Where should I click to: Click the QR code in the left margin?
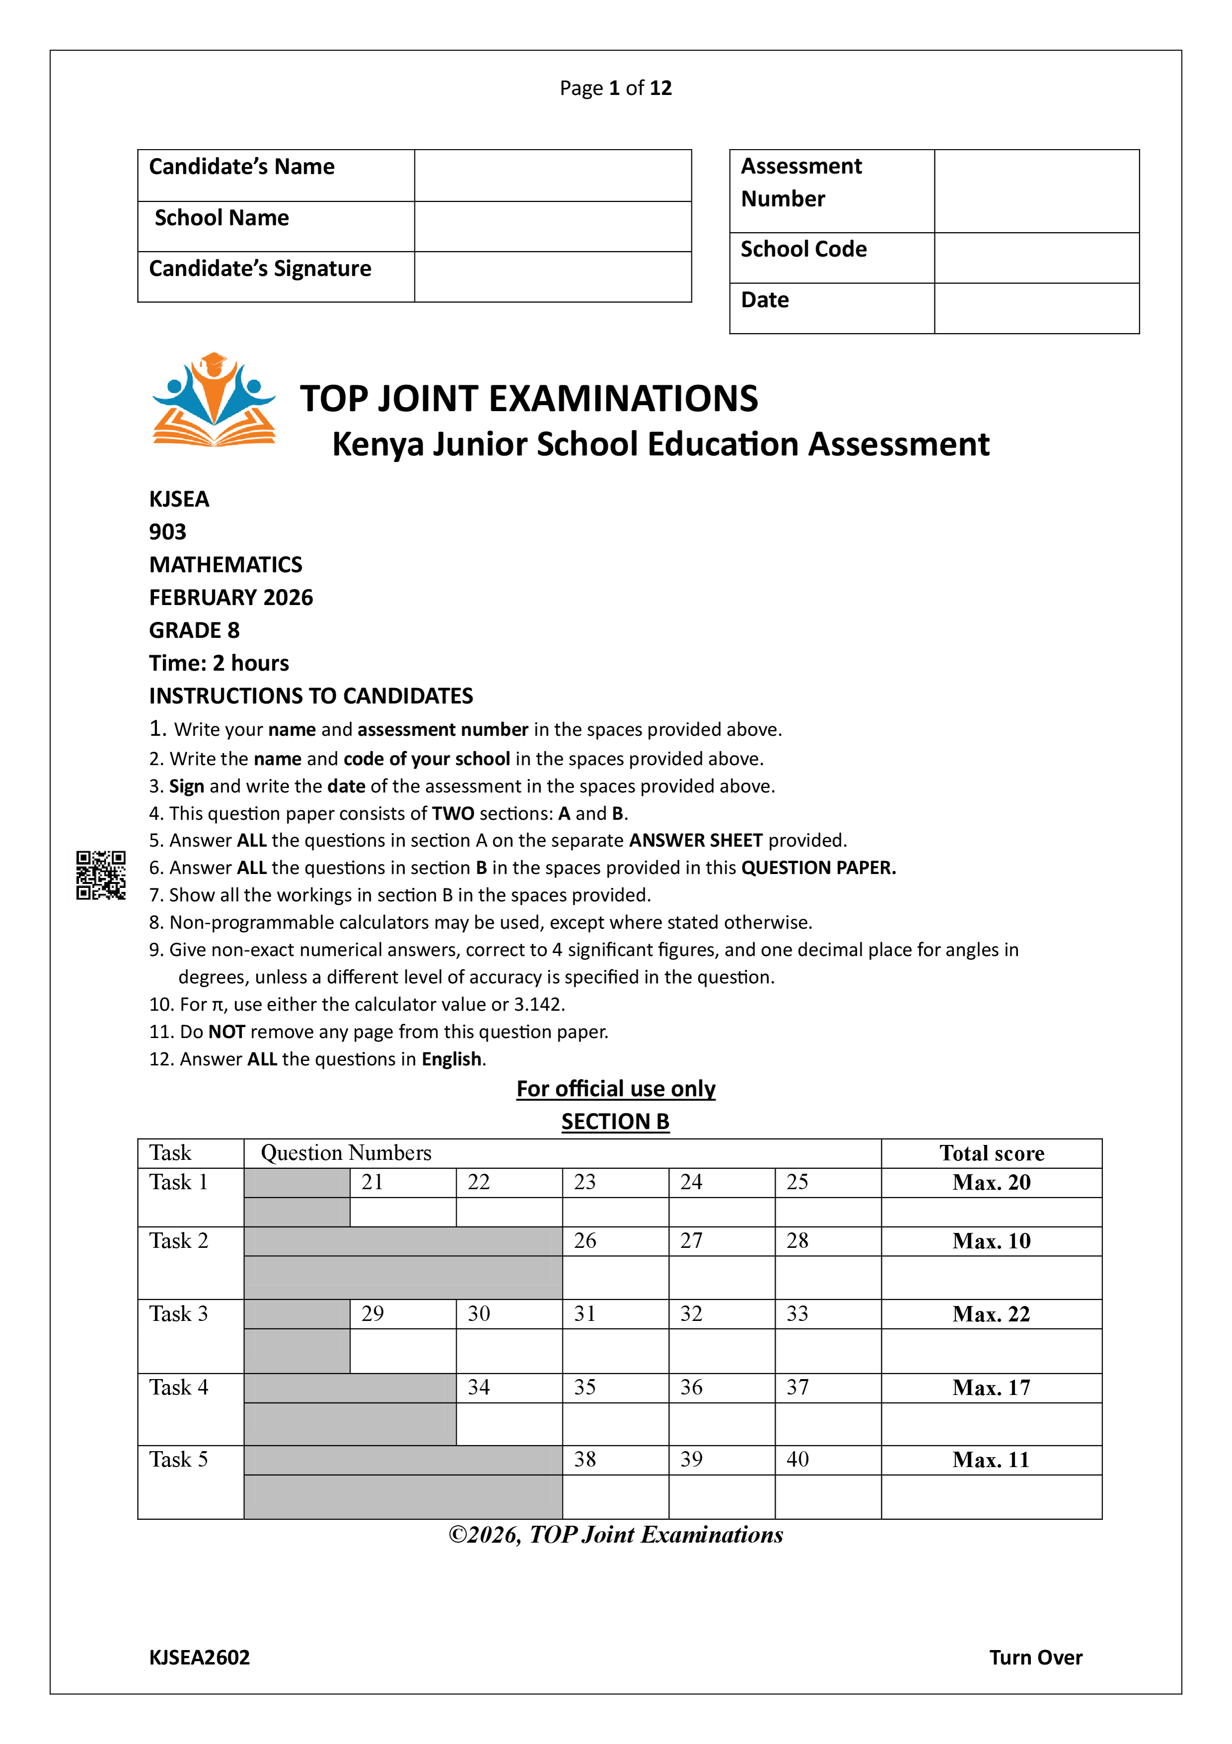101,875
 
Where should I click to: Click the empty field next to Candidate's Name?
552,175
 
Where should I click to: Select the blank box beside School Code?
1036,258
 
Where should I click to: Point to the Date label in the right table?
765,300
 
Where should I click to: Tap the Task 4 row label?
179,1387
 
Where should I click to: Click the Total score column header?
992,1153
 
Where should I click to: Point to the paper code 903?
168,532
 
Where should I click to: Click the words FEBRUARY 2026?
231,598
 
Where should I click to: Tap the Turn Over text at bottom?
1035,1657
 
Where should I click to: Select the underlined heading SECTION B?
615,1121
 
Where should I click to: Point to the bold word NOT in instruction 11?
226,1032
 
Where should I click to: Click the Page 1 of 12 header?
616,88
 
